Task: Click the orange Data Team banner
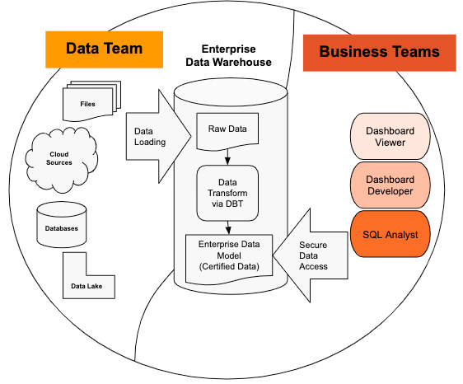(x=103, y=49)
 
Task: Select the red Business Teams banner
(x=379, y=52)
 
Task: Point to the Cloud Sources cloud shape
(x=59, y=157)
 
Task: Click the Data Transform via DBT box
(x=227, y=192)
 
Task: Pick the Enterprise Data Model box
(x=227, y=255)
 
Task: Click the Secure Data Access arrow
(x=316, y=255)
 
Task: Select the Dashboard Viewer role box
(x=391, y=136)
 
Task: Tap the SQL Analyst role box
(x=391, y=234)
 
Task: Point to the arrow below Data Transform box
(x=227, y=227)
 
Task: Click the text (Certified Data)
(x=227, y=266)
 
